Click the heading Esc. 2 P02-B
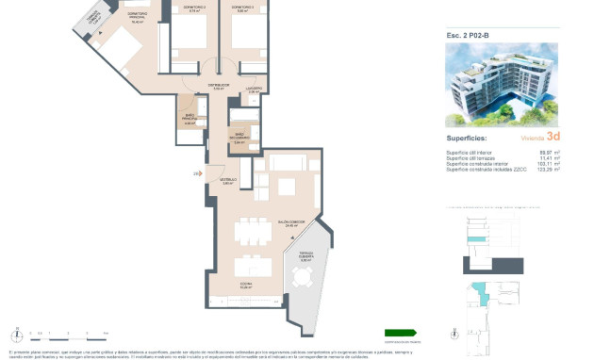468,35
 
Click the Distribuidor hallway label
218,86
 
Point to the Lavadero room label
254,89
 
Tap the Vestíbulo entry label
227,181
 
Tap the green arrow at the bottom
401,332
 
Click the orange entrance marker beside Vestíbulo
197,173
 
